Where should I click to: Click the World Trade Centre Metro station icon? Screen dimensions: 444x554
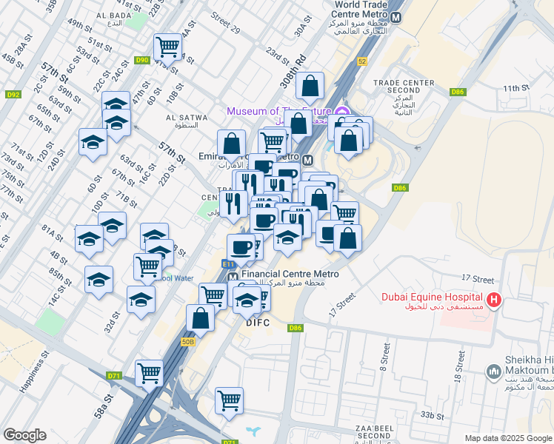(397, 17)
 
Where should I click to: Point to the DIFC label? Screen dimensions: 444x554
(259, 323)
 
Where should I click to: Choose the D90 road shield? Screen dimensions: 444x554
(142, 59)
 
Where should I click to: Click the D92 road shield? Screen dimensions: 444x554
(13, 94)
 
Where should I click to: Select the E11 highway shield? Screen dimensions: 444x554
(228, 263)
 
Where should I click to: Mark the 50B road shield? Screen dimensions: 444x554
(188, 341)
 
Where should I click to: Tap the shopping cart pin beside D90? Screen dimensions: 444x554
(168, 47)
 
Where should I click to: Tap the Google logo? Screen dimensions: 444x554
(24, 435)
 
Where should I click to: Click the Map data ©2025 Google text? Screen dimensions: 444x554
(507, 438)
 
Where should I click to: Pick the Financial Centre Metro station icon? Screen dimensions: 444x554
(233, 274)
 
